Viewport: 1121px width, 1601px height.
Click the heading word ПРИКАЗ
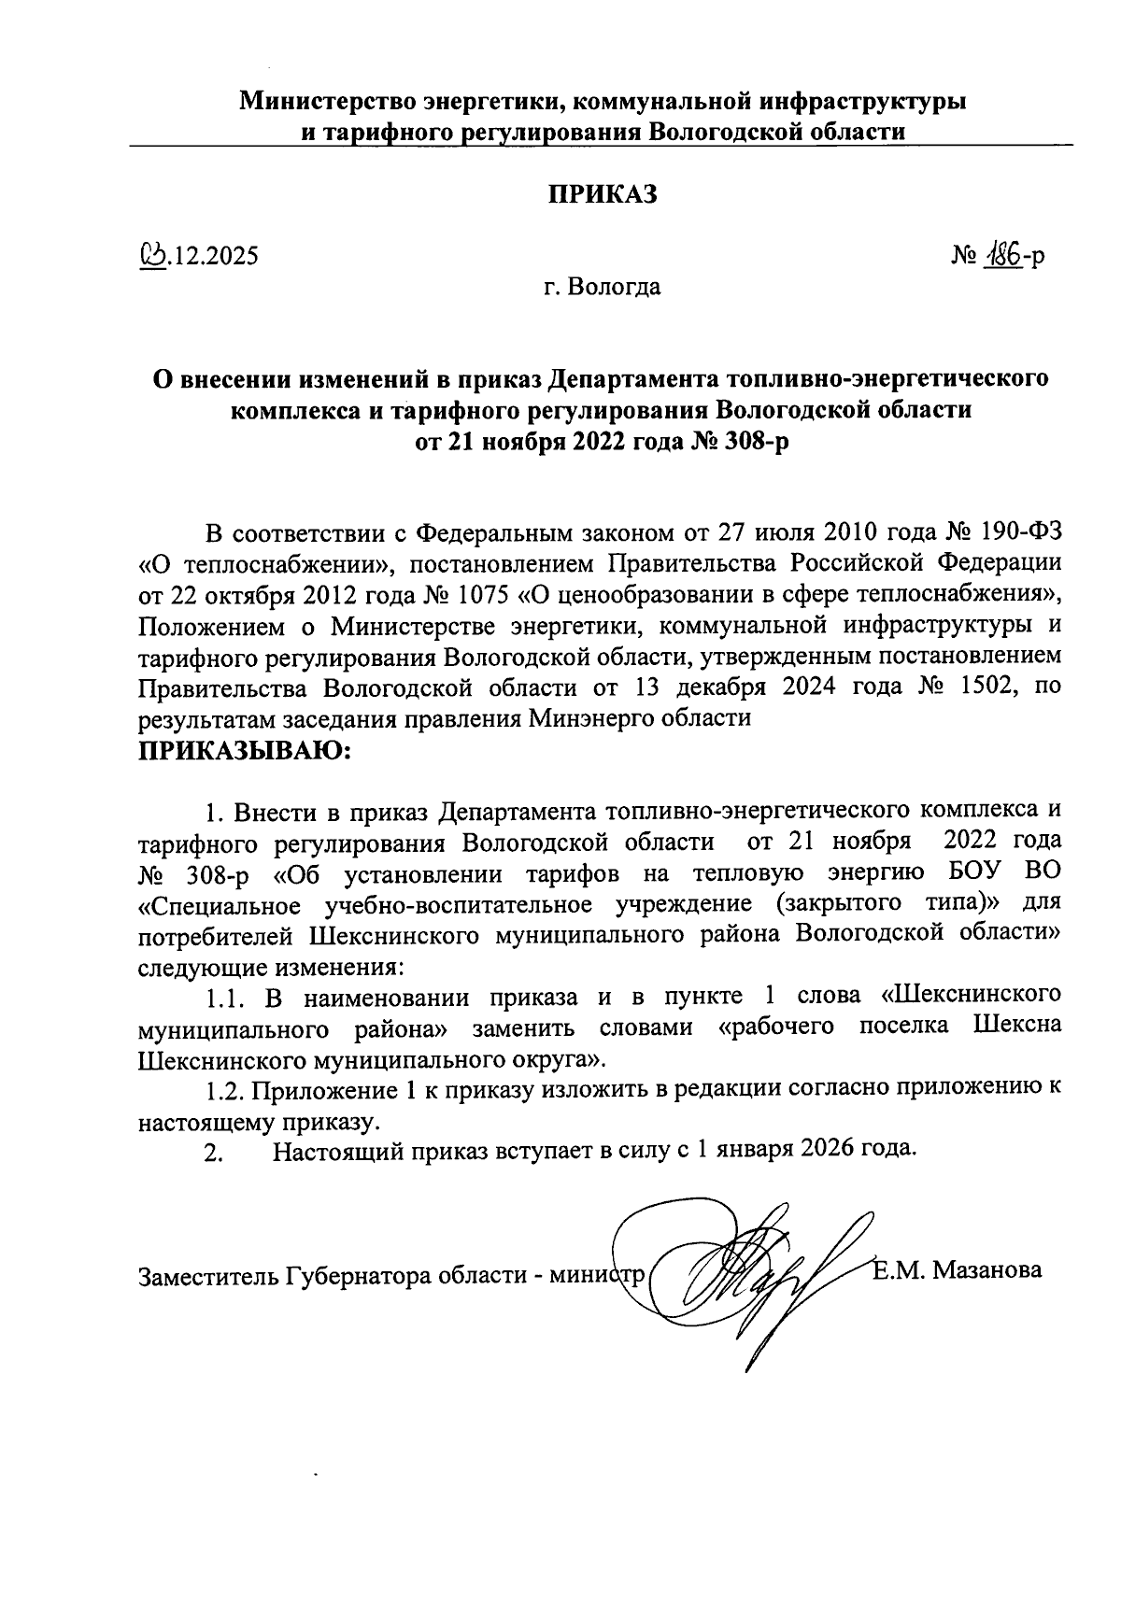(x=602, y=194)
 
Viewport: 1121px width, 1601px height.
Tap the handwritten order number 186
(x=1000, y=254)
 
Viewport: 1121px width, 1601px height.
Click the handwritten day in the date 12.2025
(x=151, y=254)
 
